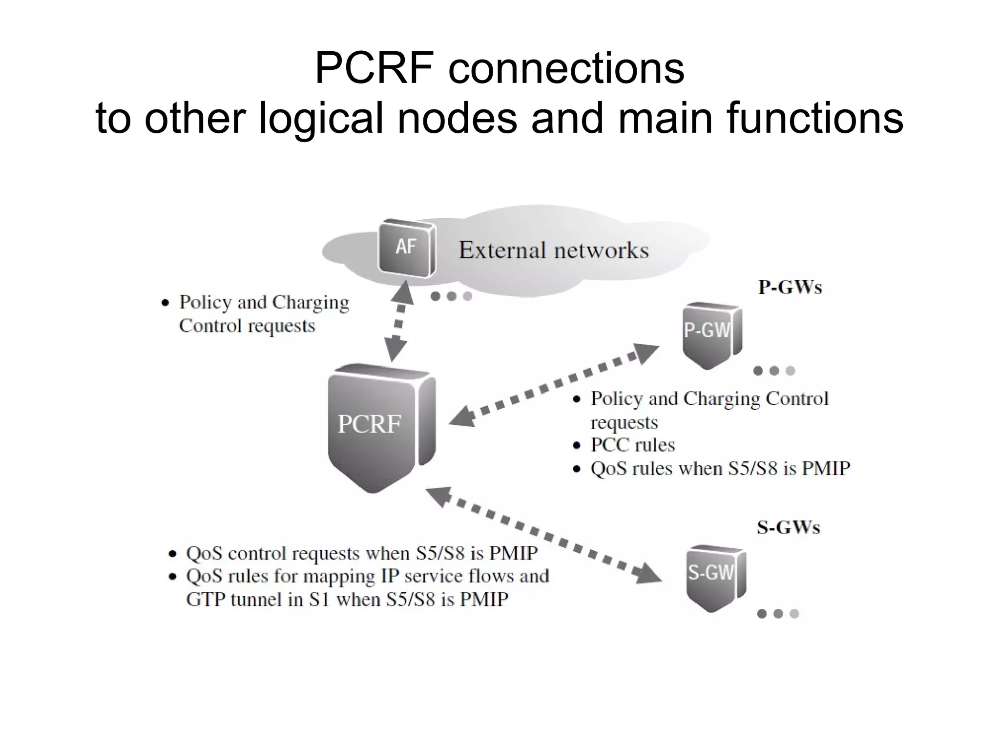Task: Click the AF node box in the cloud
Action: point(406,248)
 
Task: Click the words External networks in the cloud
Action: point(554,250)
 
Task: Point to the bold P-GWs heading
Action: point(790,287)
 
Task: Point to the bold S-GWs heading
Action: point(788,528)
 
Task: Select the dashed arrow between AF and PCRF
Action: point(398,322)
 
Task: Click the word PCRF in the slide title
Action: point(375,68)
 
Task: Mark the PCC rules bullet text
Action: point(632,445)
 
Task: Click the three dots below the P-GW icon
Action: point(774,371)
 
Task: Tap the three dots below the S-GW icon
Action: point(777,614)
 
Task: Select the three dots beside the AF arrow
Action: point(451,296)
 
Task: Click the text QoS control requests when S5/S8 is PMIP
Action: point(361,553)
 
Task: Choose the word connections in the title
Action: point(566,68)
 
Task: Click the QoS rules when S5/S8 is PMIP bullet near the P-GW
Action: point(720,469)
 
